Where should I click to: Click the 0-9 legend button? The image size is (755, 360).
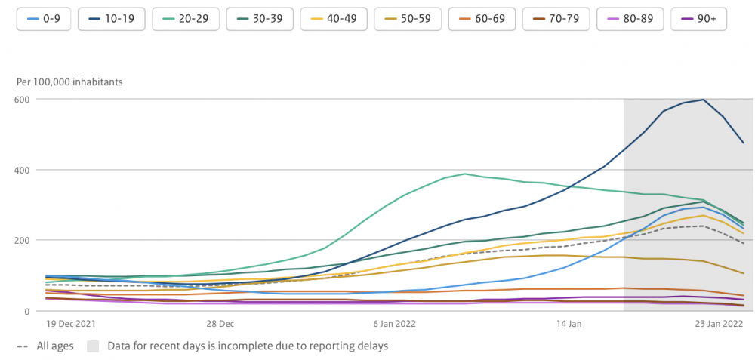45,19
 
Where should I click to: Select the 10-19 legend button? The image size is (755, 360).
112,19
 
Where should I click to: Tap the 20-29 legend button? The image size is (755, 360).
186,19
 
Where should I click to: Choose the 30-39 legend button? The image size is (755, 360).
260,19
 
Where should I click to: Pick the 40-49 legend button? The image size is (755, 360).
334,19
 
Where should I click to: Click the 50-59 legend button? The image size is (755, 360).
408,19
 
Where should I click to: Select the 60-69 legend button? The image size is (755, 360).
482,19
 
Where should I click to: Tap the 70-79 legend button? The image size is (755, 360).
556,19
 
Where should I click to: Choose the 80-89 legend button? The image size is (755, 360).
630,19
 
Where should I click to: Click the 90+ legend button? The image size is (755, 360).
698,19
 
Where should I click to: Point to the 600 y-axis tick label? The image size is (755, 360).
26,99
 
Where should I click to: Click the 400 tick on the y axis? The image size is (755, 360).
26,170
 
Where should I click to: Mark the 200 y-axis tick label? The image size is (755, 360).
26,240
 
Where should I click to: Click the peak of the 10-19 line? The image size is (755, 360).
704,100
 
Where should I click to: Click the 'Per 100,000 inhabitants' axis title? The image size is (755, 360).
69,82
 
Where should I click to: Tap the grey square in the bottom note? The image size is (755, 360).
93,346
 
